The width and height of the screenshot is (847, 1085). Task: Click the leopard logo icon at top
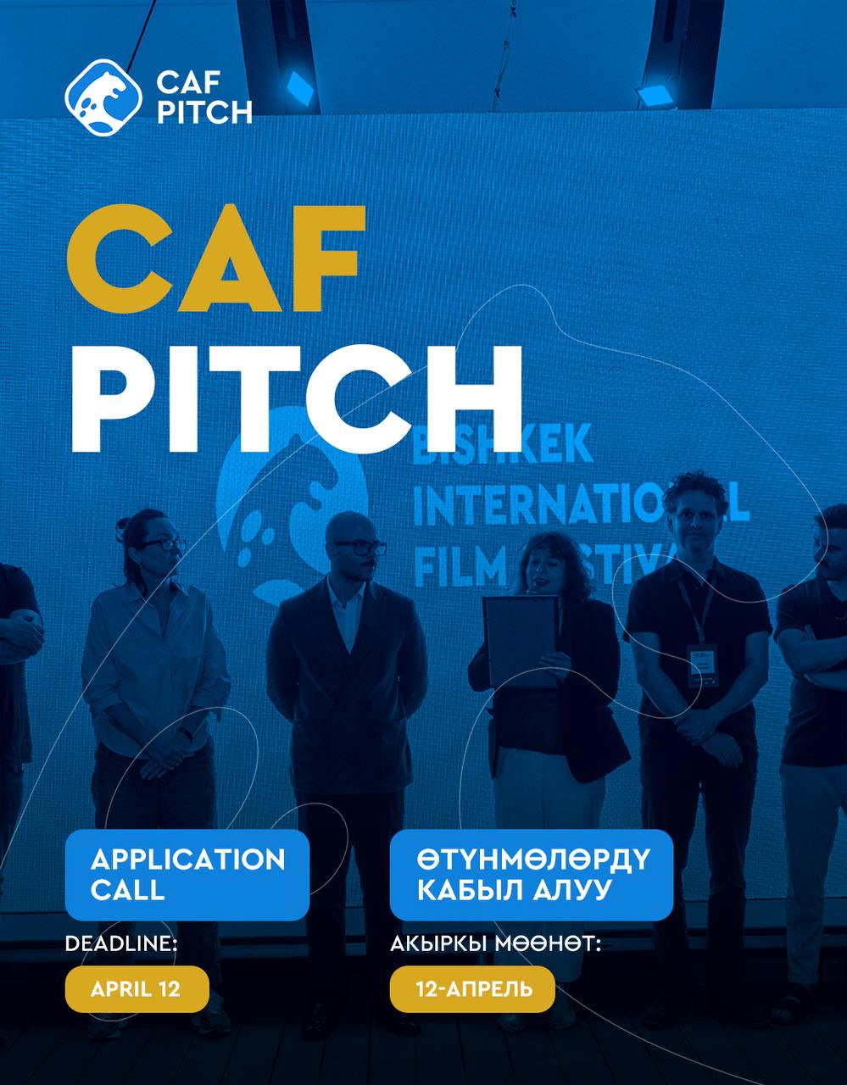[103, 97]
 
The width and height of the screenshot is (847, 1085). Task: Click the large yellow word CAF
[216, 259]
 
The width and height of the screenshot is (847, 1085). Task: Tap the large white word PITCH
[297, 398]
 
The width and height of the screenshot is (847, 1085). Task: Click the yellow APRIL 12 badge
[137, 989]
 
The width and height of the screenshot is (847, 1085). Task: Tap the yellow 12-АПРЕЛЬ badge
[472, 989]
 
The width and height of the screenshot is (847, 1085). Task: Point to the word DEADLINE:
[121, 943]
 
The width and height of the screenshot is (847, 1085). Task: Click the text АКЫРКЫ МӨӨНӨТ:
[495, 943]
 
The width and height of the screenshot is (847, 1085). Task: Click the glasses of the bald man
[359, 548]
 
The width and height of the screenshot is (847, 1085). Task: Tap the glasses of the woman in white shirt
[161, 544]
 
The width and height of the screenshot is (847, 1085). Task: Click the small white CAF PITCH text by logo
[204, 97]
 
